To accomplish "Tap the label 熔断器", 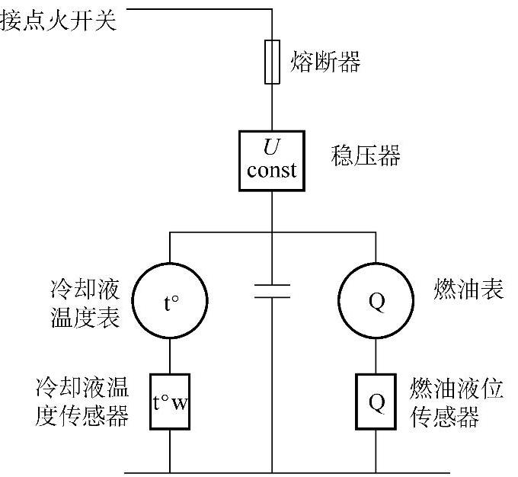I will tap(325, 62).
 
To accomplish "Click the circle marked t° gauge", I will tap(169, 299).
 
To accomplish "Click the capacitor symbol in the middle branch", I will tap(272, 289).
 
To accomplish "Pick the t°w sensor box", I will tap(169, 402).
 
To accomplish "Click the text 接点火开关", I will tap(59, 21).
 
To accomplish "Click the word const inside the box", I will tap(272, 169).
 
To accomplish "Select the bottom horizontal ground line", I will tap(272, 472).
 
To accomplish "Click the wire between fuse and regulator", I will tap(272, 107).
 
